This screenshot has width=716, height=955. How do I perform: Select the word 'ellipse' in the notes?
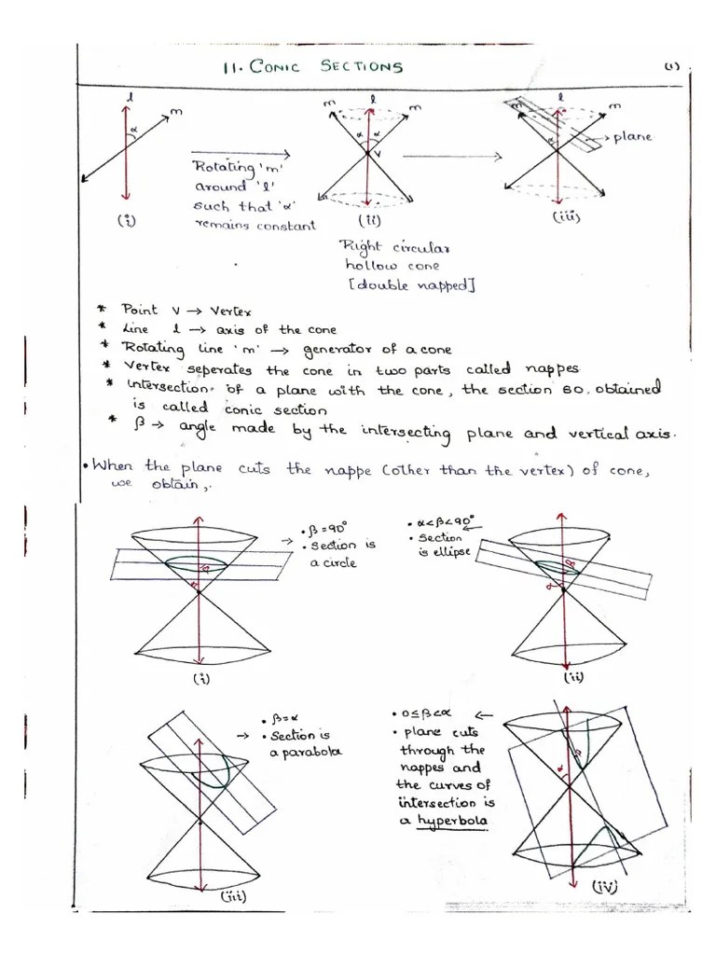click(446, 554)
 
